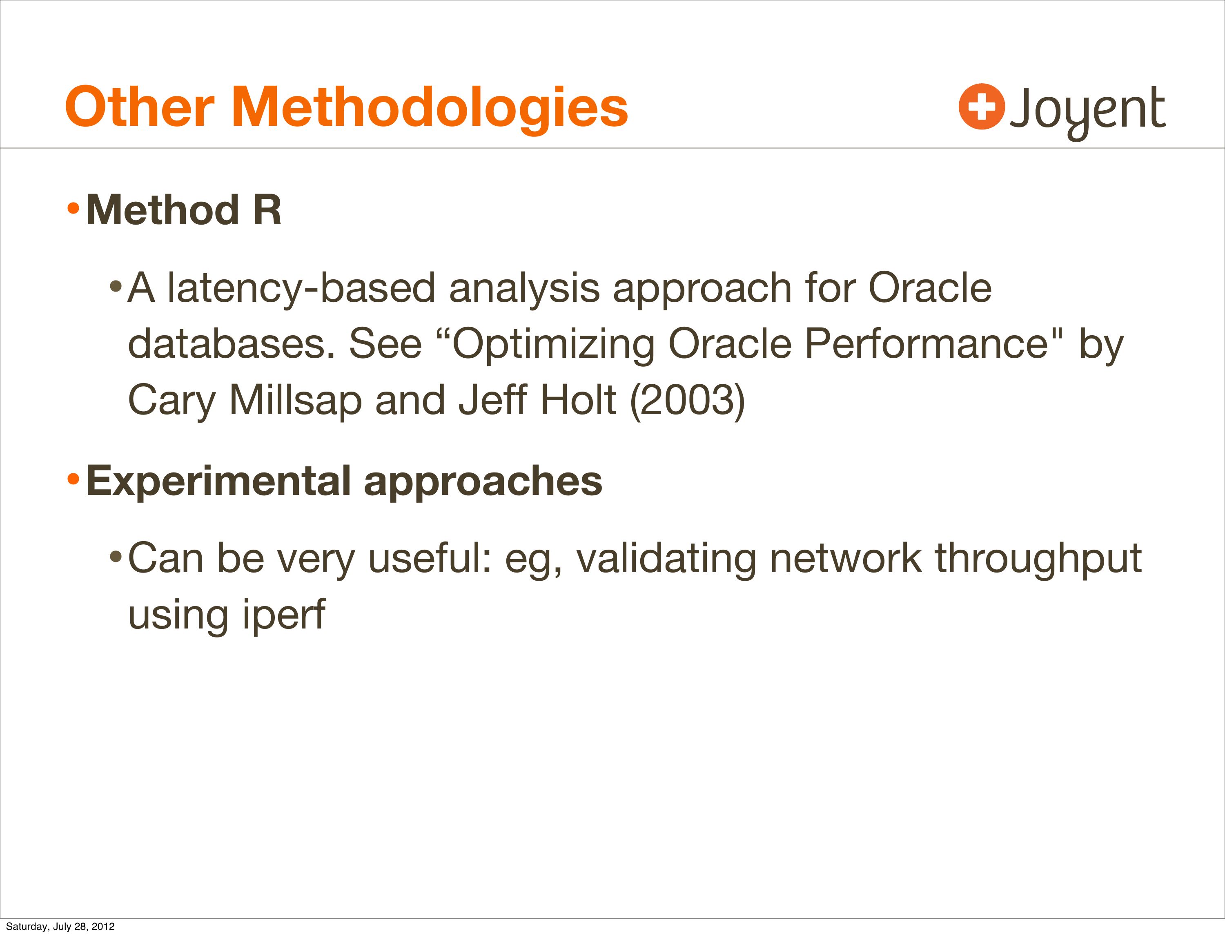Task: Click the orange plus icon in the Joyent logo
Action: tap(982, 107)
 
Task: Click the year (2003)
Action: tap(687, 400)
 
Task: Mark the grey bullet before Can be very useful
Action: tap(115, 556)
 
